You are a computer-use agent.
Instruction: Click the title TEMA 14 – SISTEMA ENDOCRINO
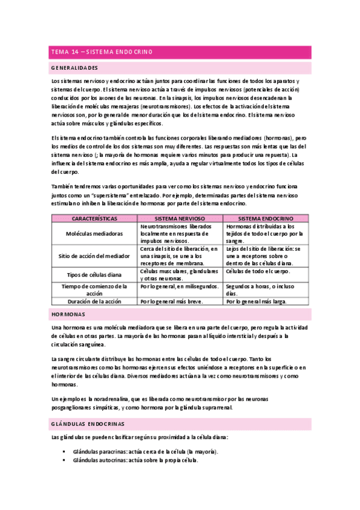click(102, 52)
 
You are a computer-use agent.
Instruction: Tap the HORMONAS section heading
click(68, 315)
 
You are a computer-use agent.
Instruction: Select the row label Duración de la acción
click(94, 301)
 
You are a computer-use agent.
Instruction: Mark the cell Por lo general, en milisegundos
click(178, 286)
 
